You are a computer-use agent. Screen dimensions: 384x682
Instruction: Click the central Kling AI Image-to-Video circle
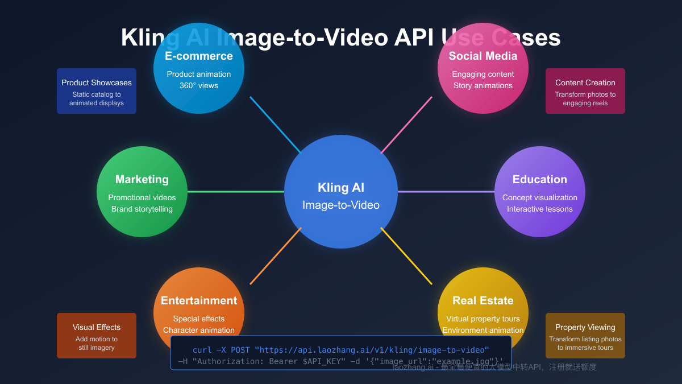click(341, 192)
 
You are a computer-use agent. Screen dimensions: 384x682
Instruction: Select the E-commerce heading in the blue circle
click(199, 56)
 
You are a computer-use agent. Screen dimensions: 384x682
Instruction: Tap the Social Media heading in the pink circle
click(483, 56)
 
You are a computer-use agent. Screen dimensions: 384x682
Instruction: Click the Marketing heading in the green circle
click(142, 179)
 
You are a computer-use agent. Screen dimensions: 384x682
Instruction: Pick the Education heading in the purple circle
click(540, 179)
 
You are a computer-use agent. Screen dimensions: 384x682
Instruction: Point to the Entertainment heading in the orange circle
click(199, 300)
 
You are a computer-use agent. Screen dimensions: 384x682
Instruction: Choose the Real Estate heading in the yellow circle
click(483, 300)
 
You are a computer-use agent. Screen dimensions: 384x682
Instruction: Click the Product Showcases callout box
click(97, 91)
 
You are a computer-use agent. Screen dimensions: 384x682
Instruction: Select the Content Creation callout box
click(585, 91)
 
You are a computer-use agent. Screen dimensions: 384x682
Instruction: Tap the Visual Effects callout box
click(97, 336)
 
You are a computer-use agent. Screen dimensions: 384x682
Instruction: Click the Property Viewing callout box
click(585, 336)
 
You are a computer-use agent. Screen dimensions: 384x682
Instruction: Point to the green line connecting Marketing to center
click(236, 192)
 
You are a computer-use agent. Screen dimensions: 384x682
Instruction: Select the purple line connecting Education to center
click(446, 192)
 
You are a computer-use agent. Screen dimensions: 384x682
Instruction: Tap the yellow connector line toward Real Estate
click(406, 256)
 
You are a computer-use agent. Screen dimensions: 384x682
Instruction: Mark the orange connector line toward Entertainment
click(276, 256)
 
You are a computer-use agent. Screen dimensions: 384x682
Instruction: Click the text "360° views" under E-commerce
click(199, 85)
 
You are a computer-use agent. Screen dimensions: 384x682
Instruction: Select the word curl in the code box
click(202, 349)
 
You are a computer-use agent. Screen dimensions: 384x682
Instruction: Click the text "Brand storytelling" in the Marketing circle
click(142, 209)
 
